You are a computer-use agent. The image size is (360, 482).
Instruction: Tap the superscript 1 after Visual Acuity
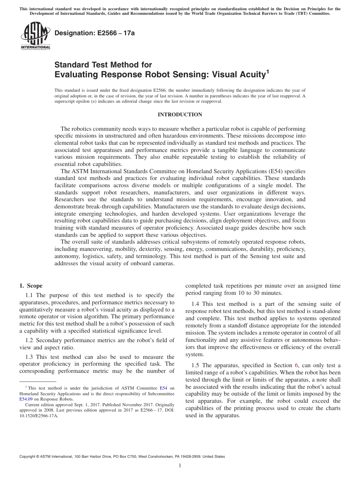[x=268, y=71]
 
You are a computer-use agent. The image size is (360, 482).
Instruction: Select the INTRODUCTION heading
[x=180, y=115]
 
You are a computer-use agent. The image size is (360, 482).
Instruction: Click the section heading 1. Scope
[x=31, y=286]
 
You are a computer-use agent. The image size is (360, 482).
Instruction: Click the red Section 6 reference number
[x=296, y=365]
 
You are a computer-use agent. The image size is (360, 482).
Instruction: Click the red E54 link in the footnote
[x=163, y=388]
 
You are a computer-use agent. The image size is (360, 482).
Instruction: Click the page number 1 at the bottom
[x=180, y=466]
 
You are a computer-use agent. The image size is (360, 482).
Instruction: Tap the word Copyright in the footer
[x=28, y=457]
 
